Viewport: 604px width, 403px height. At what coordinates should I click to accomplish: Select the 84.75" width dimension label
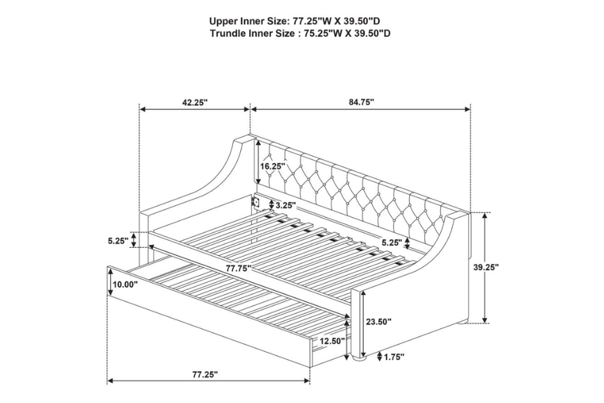[x=361, y=102]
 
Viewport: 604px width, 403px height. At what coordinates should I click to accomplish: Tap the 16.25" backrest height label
[x=272, y=166]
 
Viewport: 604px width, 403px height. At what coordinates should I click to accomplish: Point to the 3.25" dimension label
[x=285, y=205]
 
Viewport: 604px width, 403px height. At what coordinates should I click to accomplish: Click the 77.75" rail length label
[x=239, y=268]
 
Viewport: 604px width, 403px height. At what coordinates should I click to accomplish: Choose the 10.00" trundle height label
[x=125, y=285]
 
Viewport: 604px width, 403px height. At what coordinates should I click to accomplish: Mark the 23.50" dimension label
[x=379, y=321]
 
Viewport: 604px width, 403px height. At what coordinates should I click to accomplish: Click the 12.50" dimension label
[x=332, y=341]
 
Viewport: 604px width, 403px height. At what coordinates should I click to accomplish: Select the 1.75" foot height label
[x=394, y=357]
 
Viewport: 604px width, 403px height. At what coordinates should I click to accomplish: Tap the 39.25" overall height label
[x=486, y=267]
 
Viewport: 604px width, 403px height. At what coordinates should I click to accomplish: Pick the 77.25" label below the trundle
[x=205, y=374]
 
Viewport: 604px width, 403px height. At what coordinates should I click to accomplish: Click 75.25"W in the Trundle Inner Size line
[x=316, y=34]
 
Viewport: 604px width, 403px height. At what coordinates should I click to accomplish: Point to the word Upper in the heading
[x=221, y=21]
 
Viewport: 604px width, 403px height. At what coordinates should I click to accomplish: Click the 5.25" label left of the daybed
[x=117, y=241]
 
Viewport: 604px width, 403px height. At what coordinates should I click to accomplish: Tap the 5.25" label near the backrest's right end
[x=392, y=242]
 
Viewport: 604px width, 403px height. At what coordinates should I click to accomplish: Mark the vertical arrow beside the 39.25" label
[x=485, y=267]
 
